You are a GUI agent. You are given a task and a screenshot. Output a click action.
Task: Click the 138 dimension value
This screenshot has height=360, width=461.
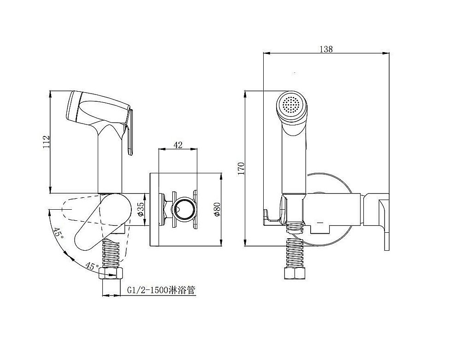[326, 49]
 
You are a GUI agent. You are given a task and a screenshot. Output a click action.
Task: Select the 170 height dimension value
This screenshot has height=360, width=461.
[241, 168]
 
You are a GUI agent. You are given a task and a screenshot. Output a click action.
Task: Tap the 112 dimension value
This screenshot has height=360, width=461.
[47, 142]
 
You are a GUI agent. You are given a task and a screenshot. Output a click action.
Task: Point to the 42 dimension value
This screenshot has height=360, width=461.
[178, 145]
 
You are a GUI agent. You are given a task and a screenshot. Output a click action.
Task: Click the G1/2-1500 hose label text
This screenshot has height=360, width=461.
[161, 290]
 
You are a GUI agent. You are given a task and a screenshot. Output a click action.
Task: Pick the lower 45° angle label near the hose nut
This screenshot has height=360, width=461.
[92, 266]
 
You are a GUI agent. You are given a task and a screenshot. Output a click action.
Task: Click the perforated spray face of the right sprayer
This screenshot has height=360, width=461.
[291, 105]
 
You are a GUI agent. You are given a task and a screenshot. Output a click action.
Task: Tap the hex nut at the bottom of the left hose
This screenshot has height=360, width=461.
[112, 274]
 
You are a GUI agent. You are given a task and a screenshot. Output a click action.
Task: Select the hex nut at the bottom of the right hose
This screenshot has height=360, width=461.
[295, 274]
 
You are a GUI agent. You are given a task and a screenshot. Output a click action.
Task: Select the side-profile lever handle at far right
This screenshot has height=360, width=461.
[384, 225]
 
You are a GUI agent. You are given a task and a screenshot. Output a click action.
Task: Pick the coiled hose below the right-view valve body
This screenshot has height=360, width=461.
[295, 253]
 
